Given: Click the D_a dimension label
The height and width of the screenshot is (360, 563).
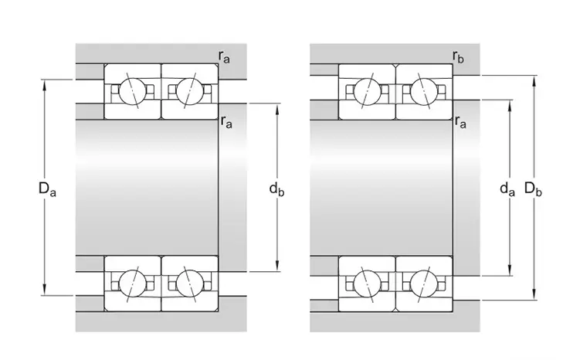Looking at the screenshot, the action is pyautogui.click(x=47, y=189).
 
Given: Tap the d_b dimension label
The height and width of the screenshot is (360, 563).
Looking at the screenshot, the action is pyautogui.click(x=276, y=189).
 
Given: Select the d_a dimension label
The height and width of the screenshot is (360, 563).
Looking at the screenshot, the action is pyautogui.click(x=507, y=189).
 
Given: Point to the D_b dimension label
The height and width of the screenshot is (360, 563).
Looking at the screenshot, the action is pyautogui.click(x=533, y=189).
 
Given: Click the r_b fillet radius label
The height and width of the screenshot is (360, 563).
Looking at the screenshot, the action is pyautogui.click(x=458, y=57).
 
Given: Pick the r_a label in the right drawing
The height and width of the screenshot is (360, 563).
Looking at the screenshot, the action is pyautogui.click(x=460, y=122).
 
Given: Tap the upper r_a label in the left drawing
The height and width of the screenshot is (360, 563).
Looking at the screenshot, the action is pyautogui.click(x=224, y=57).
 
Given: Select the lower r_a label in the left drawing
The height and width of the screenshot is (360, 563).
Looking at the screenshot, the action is pyautogui.click(x=226, y=122).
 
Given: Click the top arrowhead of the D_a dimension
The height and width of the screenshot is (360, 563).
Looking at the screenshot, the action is pyautogui.click(x=45, y=83).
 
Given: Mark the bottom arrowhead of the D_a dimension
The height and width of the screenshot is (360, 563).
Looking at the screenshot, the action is pyautogui.click(x=45, y=291).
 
